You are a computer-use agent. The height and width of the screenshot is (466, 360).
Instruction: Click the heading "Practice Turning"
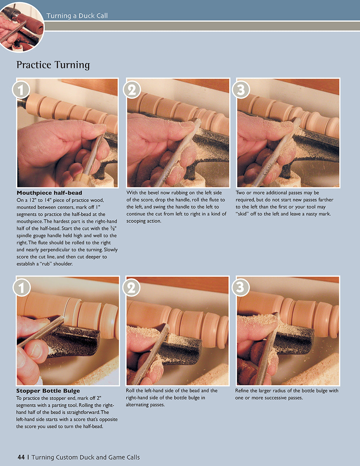pyautogui.click(x=53, y=65)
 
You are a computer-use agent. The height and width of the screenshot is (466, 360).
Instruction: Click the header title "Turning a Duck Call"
pyautogui.click(x=77, y=15)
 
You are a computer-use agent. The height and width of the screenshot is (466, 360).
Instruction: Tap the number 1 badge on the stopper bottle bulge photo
pyautogui.click(x=22, y=288)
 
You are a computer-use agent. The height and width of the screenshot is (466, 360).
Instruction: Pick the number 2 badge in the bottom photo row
pyautogui.click(x=131, y=288)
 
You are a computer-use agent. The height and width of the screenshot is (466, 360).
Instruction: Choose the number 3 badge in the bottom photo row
pyautogui.click(x=240, y=288)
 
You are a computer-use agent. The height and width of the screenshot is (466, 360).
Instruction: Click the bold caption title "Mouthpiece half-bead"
pyautogui.click(x=49, y=193)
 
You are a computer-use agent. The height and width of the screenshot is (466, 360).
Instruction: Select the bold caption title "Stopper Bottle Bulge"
pyautogui.click(x=48, y=391)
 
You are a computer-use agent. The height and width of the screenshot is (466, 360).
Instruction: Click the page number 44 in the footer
pyautogui.click(x=21, y=457)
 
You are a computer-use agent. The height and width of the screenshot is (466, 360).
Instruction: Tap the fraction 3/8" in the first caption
pyautogui.click(x=113, y=229)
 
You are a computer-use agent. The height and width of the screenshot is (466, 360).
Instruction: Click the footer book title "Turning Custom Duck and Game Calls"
pyautogui.click(x=86, y=457)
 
